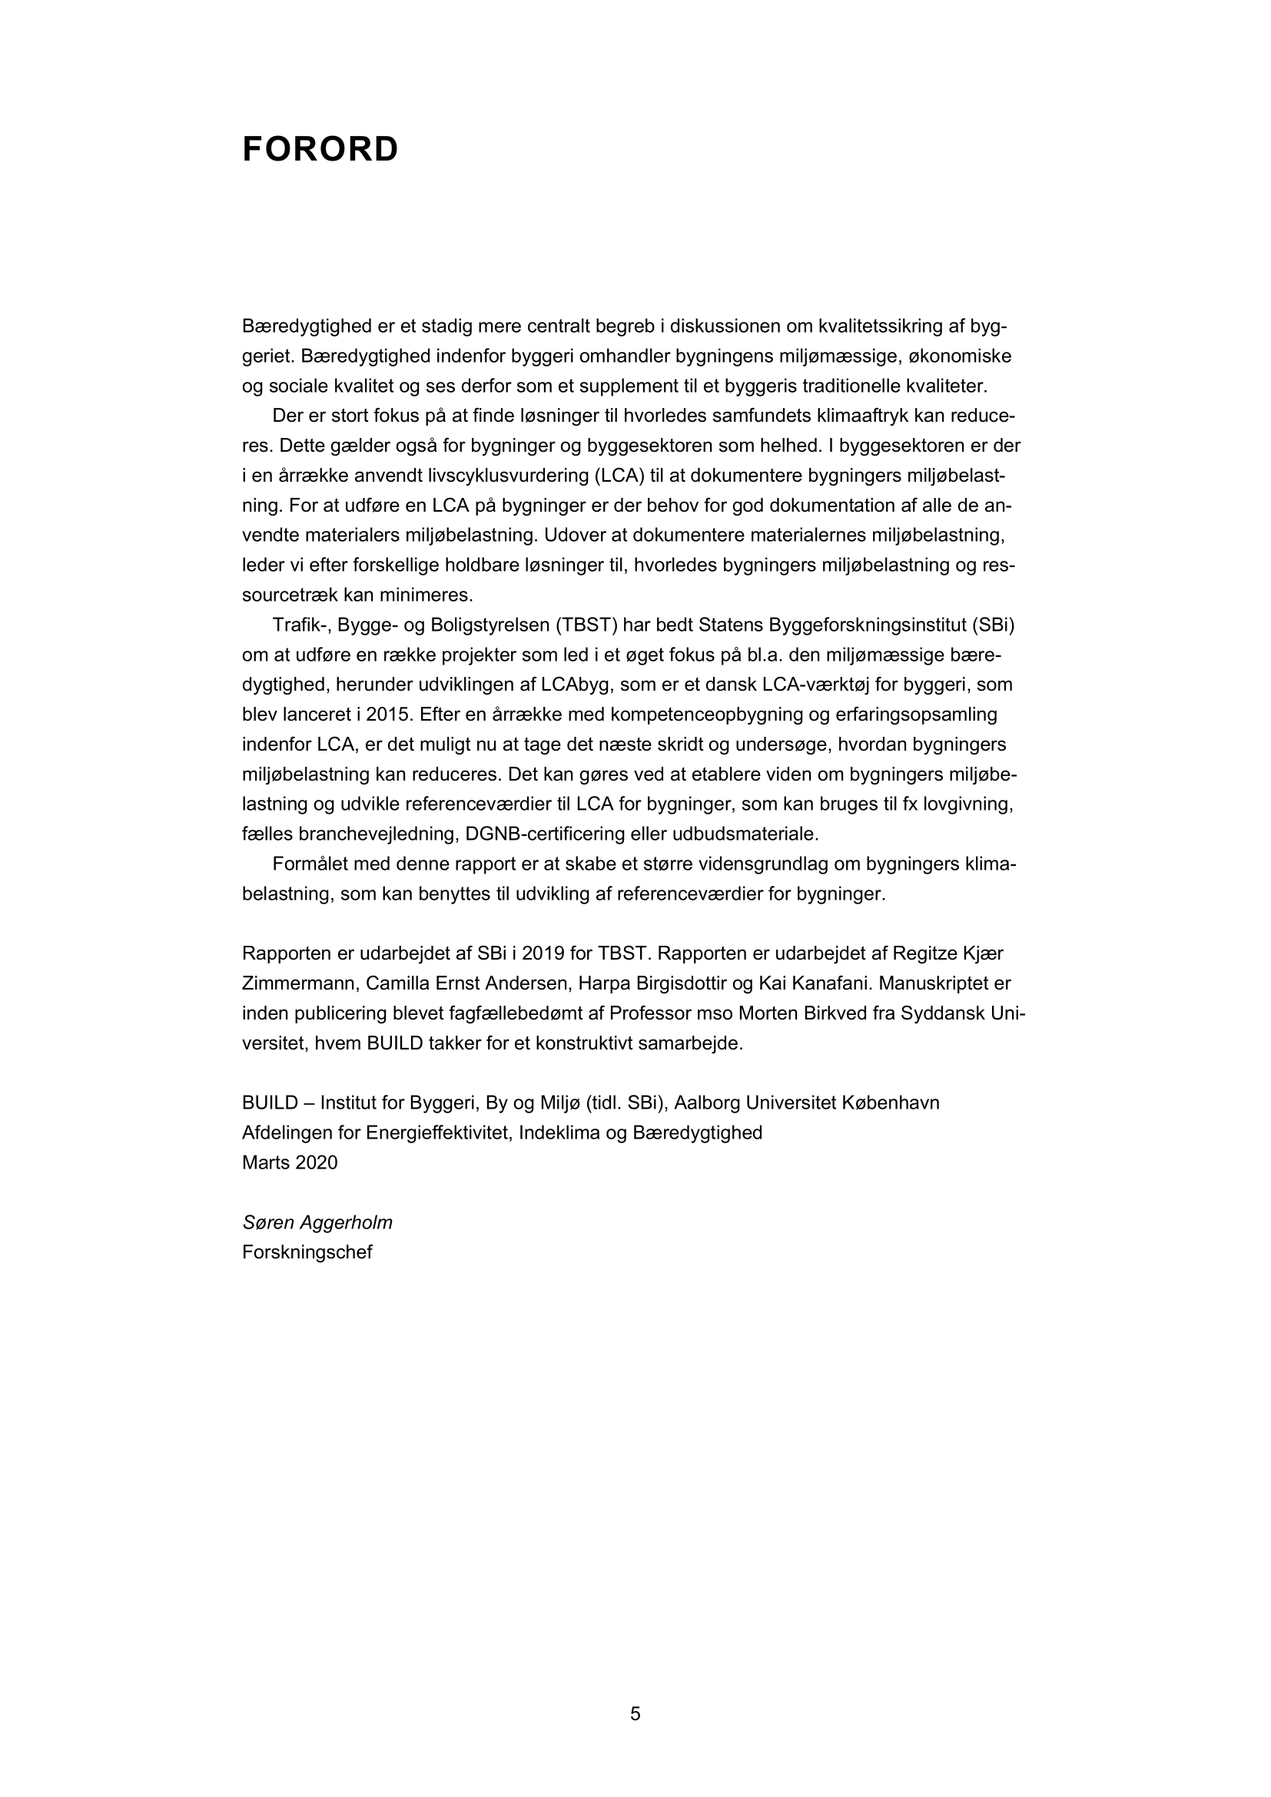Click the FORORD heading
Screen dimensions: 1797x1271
click(x=320, y=150)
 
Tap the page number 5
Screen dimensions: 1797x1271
click(x=635, y=1713)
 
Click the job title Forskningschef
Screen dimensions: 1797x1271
click(x=307, y=1252)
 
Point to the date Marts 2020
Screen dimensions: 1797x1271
click(x=290, y=1162)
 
